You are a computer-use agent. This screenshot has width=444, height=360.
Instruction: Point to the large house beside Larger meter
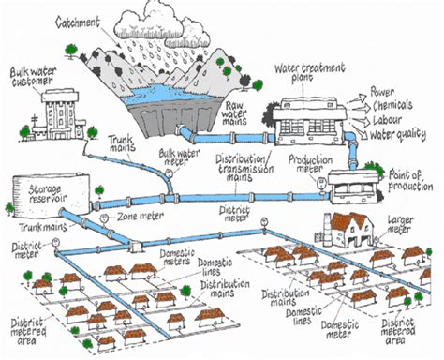click(x=347, y=226)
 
